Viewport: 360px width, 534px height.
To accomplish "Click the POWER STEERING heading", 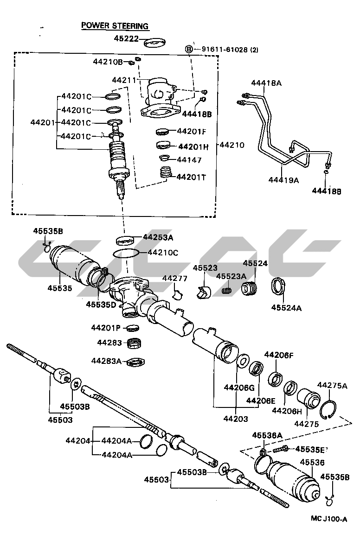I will tap(115, 26).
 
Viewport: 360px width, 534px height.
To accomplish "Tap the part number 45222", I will tap(126, 39).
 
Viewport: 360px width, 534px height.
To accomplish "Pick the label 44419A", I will tap(283, 180).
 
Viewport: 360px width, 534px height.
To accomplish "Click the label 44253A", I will tap(158, 237).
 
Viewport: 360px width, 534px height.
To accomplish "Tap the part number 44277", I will tap(174, 278).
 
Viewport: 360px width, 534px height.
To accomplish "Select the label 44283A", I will tap(106, 361).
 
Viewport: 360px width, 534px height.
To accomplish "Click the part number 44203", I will tap(235, 419).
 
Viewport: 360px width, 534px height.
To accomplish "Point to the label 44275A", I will tap(332, 385).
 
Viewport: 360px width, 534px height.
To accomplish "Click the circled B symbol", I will tap(189, 49).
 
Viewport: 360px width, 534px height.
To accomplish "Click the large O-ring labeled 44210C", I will tap(126, 253).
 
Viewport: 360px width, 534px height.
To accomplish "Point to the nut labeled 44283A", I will tap(136, 362).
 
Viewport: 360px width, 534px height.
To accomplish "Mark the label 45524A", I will tap(286, 307).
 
